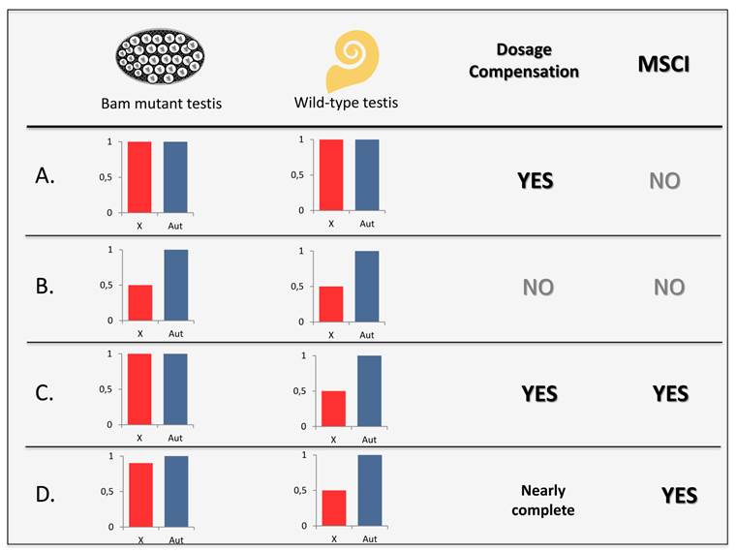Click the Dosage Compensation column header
coord(537,60)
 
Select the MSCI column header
coord(664,65)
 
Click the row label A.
coord(46,176)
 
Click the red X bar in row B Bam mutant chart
coord(139,302)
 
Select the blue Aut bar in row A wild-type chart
coord(367,174)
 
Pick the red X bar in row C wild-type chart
coord(333,408)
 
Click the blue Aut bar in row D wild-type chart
coord(369,490)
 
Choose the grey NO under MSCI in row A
coord(664,181)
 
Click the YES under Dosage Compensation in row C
coord(539,394)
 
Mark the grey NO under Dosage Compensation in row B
coord(538,288)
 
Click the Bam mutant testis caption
coord(162,104)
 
